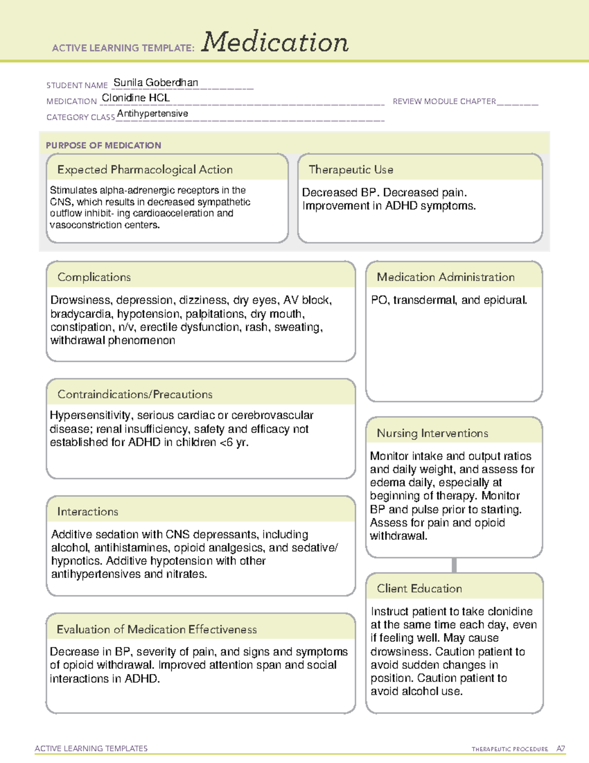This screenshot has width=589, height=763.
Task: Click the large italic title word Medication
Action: (x=275, y=42)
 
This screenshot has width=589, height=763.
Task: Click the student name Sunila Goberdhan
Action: (x=156, y=83)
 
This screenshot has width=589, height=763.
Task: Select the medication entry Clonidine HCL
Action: (x=135, y=98)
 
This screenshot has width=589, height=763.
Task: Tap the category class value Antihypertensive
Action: (x=153, y=113)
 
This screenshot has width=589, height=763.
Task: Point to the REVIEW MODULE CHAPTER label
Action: (x=444, y=101)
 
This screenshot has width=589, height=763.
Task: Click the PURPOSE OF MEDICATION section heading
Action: (x=103, y=145)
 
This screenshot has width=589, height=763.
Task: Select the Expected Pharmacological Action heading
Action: (x=145, y=170)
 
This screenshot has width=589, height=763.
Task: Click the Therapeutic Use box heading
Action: (x=350, y=170)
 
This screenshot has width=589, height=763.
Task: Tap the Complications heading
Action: (x=94, y=277)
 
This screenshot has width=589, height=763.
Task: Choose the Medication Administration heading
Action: (x=445, y=277)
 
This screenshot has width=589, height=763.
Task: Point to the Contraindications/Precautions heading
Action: (x=134, y=394)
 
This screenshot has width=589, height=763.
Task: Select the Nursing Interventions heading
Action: (x=432, y=433)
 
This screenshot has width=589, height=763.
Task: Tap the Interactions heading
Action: (x=87, y=511)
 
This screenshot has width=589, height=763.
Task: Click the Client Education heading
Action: (x=419, y=588)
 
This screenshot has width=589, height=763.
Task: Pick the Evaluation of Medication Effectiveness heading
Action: (x=157, y=629)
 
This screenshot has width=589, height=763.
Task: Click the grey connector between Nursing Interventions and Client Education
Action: (x=454, y=565)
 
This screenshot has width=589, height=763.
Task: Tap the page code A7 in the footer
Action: (x=561, y=749)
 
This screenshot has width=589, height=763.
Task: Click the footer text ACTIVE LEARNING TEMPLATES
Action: (x=91, y=748)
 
